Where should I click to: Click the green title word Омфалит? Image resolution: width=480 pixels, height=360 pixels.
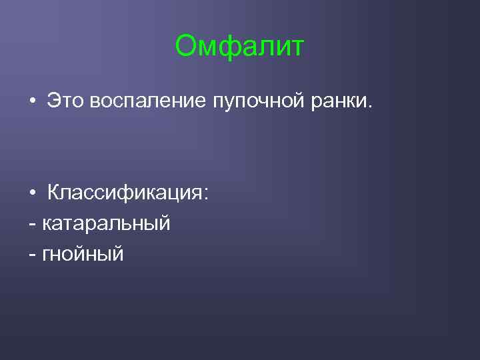239,47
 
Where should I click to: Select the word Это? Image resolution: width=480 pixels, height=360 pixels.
65,100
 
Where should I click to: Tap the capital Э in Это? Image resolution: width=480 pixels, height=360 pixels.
53,100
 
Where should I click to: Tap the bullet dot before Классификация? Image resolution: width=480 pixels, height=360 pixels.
32,194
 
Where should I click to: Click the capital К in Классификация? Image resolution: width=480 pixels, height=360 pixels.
53,193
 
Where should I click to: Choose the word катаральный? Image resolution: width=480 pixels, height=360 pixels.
107,223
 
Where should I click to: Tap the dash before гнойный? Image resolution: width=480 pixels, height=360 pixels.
33,254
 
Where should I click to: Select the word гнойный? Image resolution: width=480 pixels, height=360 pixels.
83,254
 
